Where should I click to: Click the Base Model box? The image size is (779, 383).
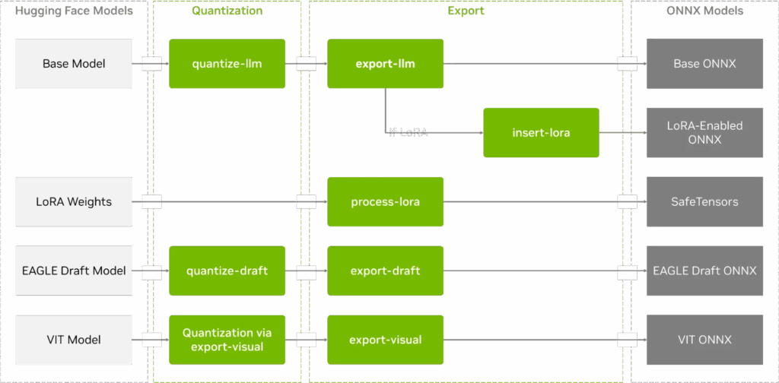tap(74, 64)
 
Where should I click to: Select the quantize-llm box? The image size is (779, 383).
tap(227, 64)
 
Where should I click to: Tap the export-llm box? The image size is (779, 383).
tap(386, 64)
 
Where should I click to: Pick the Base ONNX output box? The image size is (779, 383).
tap(704, 64)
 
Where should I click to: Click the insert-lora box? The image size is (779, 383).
tap(541, 133)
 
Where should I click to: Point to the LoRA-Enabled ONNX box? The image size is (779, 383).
tap(704, 133)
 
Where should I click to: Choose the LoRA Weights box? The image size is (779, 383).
tap(74, 202)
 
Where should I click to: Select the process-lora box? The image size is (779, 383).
tap(386, 202)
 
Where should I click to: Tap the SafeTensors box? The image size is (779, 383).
tap(704, 202)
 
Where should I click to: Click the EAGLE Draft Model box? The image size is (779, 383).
tap(74, 271)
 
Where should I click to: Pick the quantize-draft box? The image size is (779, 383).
tap(227, 271)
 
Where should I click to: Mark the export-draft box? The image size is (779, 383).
tap(386, 271)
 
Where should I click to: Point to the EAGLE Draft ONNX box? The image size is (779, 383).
tap(704, 271)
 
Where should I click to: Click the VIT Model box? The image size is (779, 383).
tap(74, 340)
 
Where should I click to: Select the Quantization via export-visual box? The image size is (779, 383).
tap(227, 340)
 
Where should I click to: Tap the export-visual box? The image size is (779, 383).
tap(386, 340)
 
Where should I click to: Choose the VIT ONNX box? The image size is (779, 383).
tap(704, 340)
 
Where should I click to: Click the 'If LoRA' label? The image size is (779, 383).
tap(409, 133)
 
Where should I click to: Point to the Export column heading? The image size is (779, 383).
tap(466, 11)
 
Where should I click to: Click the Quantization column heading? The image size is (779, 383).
tap(227, 11)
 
